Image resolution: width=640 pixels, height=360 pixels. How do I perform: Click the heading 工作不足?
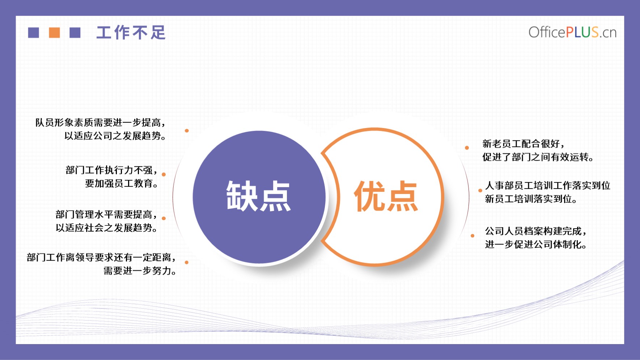click(x=131, y=33)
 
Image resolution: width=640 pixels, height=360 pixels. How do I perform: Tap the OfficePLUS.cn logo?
click(x=572, y=32)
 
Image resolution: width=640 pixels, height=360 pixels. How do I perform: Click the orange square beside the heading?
click(x=54, y=33)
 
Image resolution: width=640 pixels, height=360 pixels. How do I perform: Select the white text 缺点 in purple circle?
click(x=258, y=196)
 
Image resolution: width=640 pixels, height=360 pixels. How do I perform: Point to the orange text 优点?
click(x=386, y=196)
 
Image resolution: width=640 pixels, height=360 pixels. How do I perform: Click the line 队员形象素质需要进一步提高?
click(x=100, y=123)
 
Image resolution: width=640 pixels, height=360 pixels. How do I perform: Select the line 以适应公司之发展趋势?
click(x=115, y=136)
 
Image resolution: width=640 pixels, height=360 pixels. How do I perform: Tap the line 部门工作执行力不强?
click(x=111, y=170)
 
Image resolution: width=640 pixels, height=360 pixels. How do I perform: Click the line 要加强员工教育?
click(x=122, y=183)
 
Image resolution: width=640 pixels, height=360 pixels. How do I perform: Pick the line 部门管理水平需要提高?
click(x=106, y=215)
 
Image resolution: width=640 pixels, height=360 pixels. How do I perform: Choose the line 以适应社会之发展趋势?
click(x=106, y=228)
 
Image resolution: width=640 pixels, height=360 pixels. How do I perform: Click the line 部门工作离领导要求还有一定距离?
click(x=101, y=257)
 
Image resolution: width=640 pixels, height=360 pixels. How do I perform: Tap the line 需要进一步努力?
click(x=140, y=271)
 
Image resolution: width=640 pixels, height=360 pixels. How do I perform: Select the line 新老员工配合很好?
click(x=523, y=144)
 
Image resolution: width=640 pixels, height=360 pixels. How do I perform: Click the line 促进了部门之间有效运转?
click(x=538, y=157)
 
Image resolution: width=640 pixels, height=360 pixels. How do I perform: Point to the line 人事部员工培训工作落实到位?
click(x=548, y=186)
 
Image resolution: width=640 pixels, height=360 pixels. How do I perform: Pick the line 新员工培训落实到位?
click(x=531, y=199)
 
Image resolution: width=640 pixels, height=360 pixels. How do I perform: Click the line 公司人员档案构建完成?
click(x=536, y=231)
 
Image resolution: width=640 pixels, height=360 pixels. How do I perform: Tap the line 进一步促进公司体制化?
click(x=536, y=244)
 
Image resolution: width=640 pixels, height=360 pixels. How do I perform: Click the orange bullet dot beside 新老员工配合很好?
click(x=467, y=148)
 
